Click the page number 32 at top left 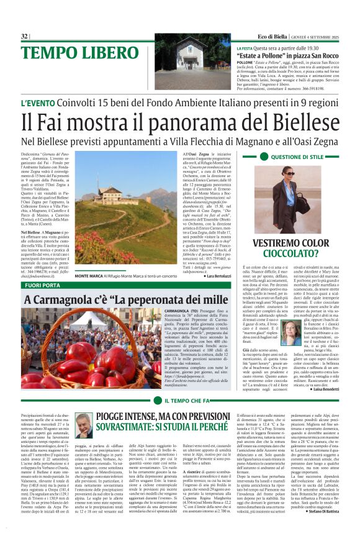25,37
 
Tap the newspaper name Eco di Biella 274,37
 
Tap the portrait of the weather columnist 83,426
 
